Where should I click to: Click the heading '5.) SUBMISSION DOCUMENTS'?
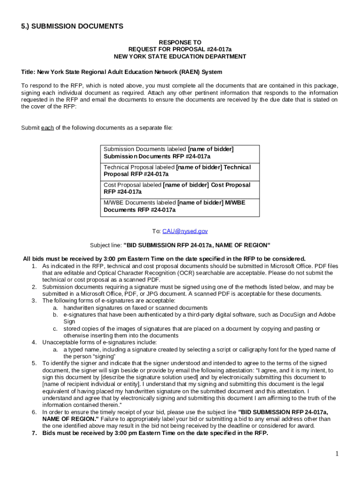[x=72, y=26]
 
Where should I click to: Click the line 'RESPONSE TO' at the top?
[x=180, y=42]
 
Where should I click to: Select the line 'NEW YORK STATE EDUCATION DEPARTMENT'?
[x=180, y=57]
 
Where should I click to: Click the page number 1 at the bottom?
[x=337, y=454]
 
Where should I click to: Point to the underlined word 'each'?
[x=47, y=128]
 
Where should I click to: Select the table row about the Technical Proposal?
[x=180, y=171]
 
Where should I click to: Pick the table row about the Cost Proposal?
[x=180, y=189]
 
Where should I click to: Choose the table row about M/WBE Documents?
[x=180, y=206]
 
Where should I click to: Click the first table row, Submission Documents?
[x=180, y=153]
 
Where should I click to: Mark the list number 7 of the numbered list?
[x=34, y=433]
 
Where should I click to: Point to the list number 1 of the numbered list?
[x=34, y=266]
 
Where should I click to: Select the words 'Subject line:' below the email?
[x=106, y=245]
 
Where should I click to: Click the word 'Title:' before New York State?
[x=29, y=72]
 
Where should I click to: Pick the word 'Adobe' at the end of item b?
[x=327, y=315]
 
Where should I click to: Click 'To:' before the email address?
[x=156, y=231]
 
